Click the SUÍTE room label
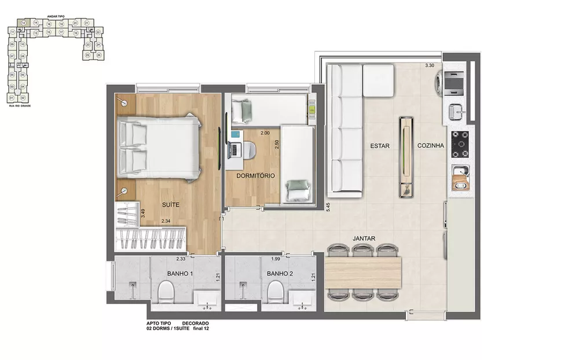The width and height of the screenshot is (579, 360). [x=170, y=204]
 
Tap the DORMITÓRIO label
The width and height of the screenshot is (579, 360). [x=255, y=175]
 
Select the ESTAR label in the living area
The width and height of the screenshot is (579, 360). [x=380, y=146]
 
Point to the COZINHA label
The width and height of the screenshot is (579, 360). [x=431, y=146]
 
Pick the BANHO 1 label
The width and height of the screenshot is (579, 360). [x=181, y=273]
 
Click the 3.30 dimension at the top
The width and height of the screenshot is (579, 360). [x=430, y=65]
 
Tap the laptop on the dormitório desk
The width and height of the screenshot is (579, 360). [x=234, y=149]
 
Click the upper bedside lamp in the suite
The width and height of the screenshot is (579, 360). [x=123, y=102]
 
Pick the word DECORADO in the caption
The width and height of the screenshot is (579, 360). [x=195, y=323]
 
